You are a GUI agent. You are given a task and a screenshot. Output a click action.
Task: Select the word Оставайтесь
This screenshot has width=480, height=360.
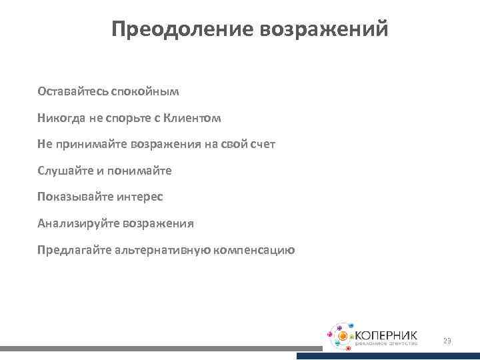pyautogui.click(x=73, y=91)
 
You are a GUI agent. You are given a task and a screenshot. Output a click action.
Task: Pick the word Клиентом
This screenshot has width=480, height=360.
pyautogui.click(x=193, y=117)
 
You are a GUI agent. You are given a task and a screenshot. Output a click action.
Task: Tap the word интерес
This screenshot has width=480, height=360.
pyautogui.click(x=140, y=197)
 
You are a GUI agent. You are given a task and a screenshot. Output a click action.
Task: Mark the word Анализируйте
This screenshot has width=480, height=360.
pyautogui.click(x=77, y=224)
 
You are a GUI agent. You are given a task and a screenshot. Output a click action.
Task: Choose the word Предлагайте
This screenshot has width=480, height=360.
pyautogui.click(x=75, y=251)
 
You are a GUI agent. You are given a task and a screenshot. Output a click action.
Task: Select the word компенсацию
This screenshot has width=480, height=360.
pyautogui.click(x=255, y=251)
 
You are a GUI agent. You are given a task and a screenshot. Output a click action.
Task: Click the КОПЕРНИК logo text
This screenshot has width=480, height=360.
pyautogui.click(x=386, y=333)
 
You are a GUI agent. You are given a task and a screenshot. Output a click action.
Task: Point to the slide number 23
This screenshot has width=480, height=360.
pyautogui.click(x=447, y=341)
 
